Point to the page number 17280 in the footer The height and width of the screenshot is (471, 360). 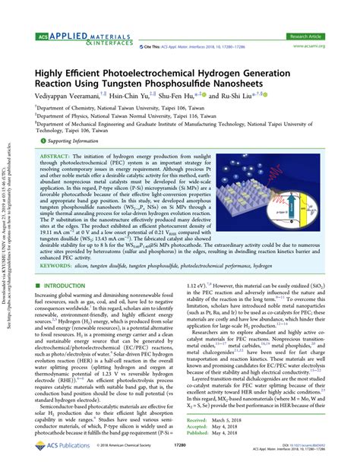(x=179, y=460)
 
